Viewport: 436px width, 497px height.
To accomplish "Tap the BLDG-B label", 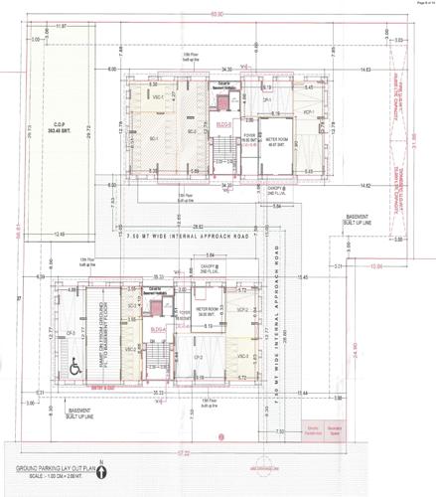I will coord(222,124).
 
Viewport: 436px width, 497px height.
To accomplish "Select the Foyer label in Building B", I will coord(247,139).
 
